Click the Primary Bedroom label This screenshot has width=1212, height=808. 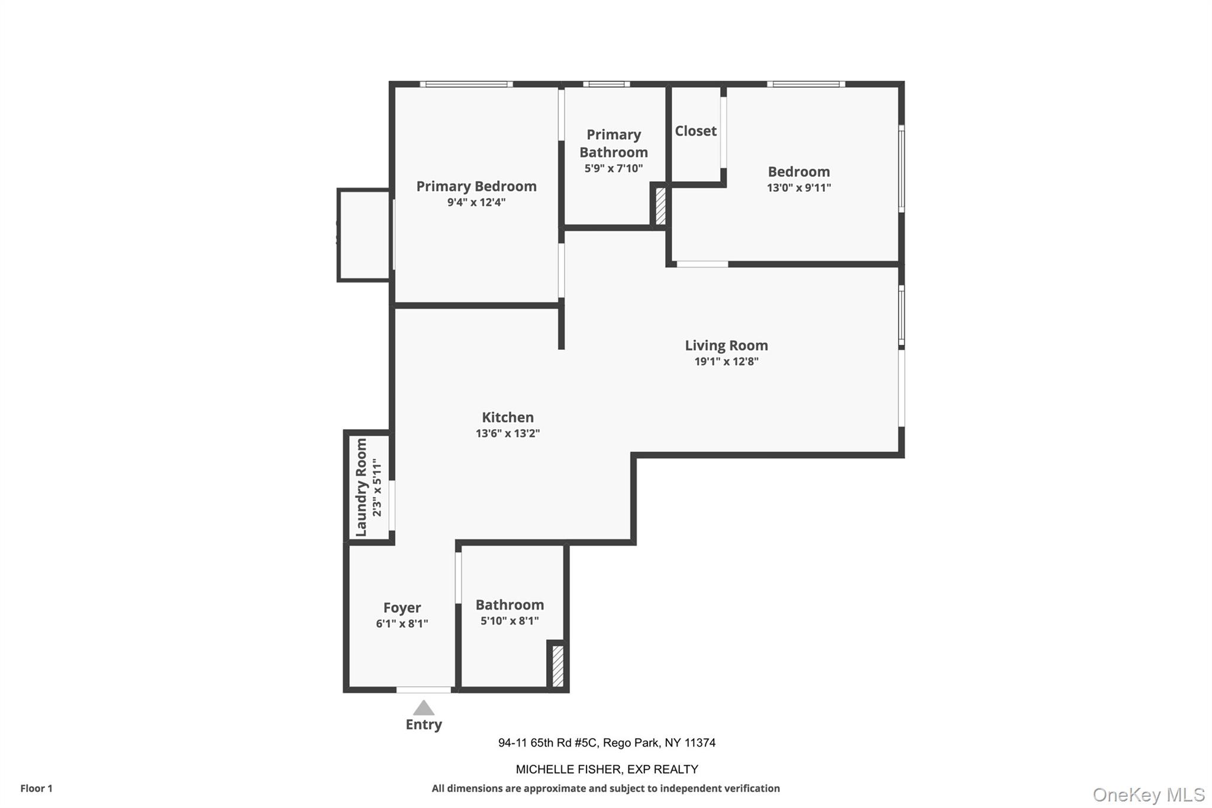[476, 186]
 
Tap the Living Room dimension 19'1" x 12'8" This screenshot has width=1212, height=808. [726, 362]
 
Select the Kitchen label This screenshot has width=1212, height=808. [507, 417]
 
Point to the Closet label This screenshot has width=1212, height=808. [695, 131]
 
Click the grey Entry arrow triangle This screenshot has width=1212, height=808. [423, 708]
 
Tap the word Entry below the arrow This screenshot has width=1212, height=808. [423, 725]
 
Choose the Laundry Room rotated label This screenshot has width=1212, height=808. [361, 487]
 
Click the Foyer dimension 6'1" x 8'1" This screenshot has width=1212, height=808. [402, 623]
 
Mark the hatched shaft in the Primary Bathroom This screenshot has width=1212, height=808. [660, 206]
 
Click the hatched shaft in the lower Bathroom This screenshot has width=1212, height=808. [557, 666]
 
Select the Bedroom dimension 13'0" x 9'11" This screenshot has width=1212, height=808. [798, 188]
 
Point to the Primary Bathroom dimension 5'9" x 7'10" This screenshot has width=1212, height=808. [613, 168]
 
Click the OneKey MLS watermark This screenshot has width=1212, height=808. [1148, 794]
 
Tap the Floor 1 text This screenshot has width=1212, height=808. [36, 788]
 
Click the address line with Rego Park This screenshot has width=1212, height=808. [607, 742]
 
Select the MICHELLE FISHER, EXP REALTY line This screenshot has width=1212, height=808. [607, 769]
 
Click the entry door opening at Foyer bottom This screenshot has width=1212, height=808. [423, 690]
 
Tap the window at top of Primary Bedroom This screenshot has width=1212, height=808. [466, 84]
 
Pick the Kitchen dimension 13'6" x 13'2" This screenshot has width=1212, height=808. [507, 433]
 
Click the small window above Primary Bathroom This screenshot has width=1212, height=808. [606, 84]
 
